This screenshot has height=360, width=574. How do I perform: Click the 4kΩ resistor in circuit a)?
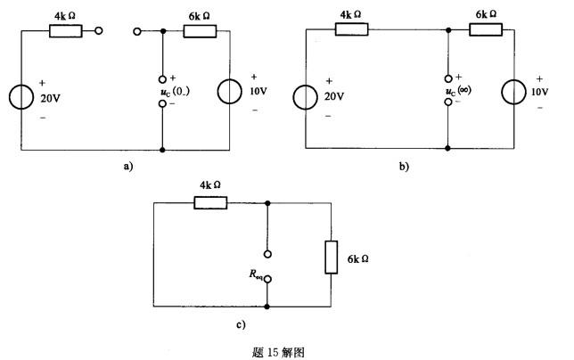[65, 31]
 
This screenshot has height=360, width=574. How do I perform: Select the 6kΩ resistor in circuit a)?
[200, 31]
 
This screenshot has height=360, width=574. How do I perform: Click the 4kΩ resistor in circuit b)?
[351, 29]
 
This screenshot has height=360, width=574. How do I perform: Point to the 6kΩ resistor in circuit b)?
[485, 29]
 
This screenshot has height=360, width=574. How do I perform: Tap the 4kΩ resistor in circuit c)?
[209, 202]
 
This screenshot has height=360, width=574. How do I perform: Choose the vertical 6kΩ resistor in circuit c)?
[331, 259]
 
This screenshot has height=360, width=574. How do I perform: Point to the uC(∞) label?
[469, 93]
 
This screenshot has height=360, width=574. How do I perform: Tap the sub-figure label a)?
[129, 167]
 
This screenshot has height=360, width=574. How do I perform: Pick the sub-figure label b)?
[404, 167]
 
